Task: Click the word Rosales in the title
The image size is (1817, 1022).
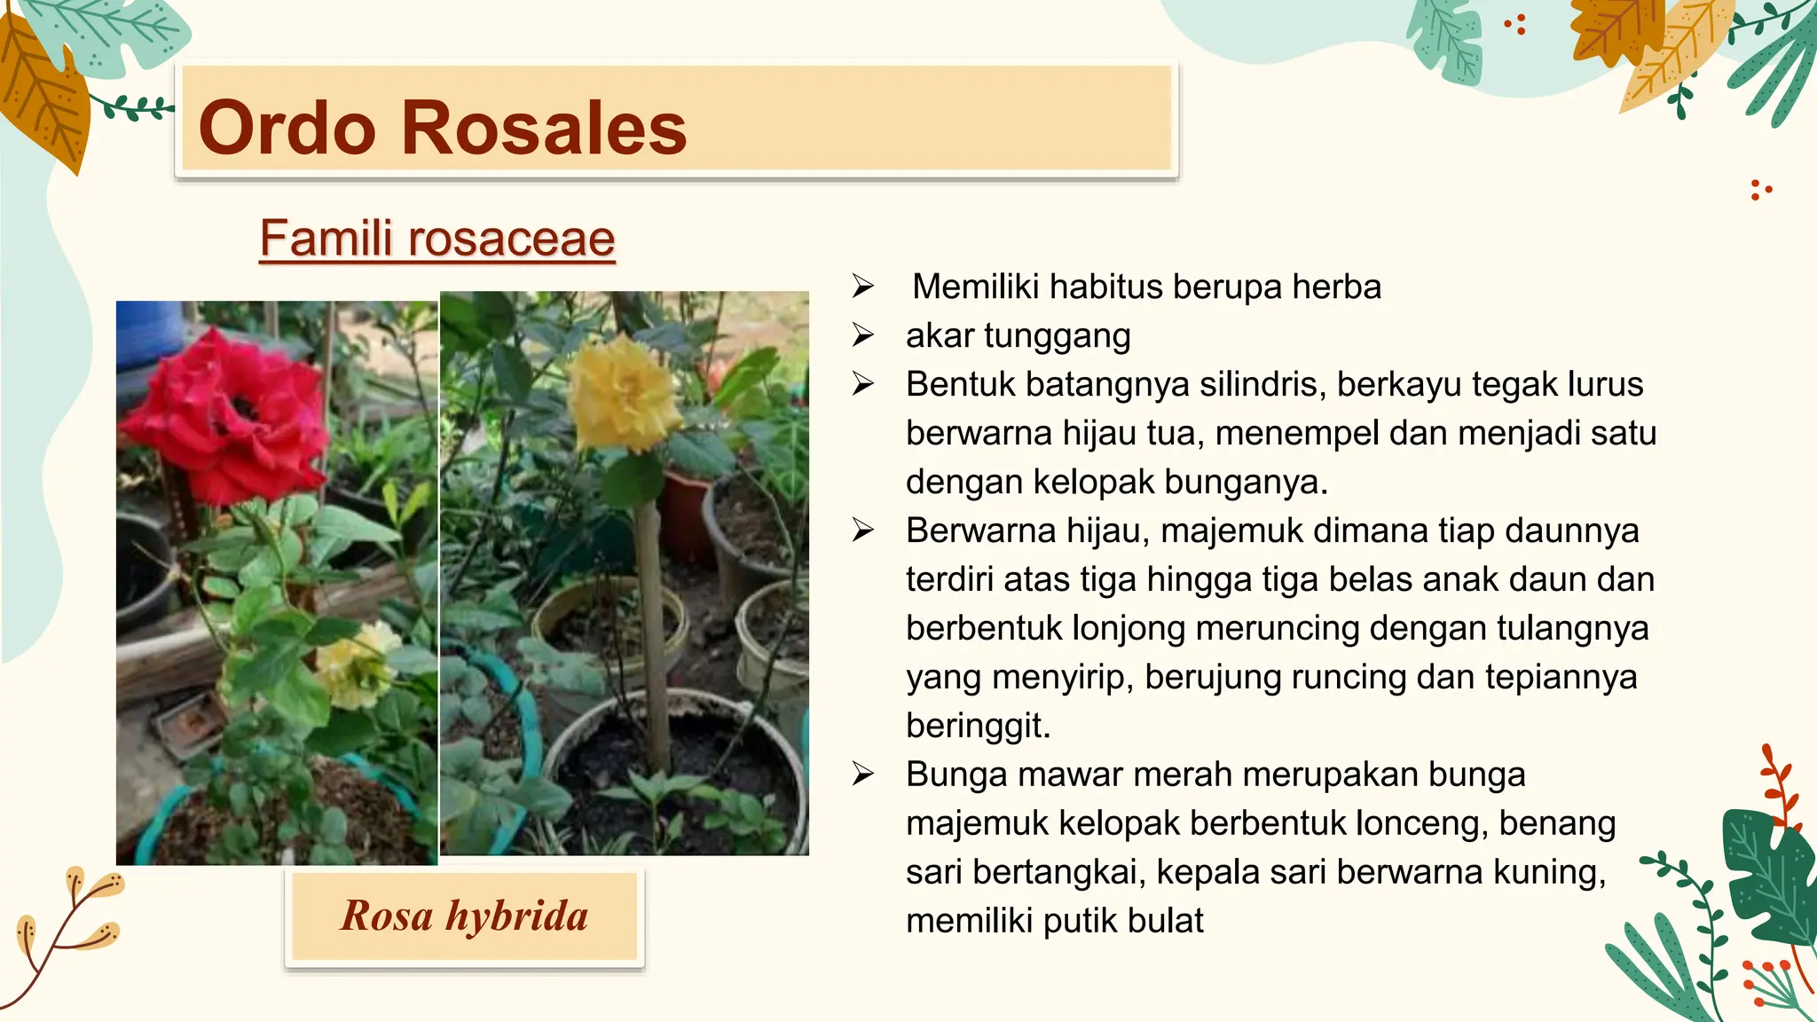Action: coord(544,129)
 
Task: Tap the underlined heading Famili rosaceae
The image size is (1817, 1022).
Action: coord(437,239)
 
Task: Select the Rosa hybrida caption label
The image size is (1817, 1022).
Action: coord(464,916)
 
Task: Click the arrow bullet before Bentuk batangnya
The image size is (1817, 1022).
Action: coord(863,384)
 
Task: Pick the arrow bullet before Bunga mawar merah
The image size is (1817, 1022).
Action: coord(863,774)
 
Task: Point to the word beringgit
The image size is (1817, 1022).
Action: coord(978,726)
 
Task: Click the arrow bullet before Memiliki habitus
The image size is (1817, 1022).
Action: coord(863,287)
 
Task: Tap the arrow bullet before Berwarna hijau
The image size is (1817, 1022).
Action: coord(863,531)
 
